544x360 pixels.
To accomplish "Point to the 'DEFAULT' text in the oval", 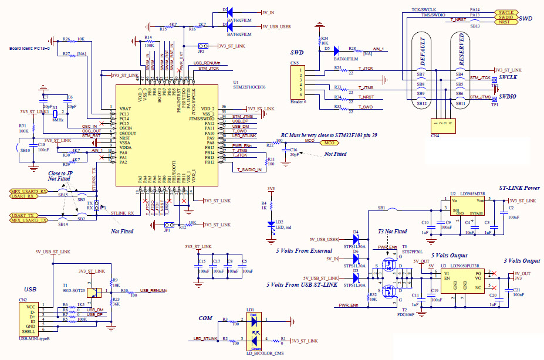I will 420,53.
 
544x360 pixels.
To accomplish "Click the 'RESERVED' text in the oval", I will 461,53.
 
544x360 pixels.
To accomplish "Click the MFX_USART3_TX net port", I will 28,220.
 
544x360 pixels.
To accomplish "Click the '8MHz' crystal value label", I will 58,119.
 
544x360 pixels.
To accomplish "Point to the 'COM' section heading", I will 205,318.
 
